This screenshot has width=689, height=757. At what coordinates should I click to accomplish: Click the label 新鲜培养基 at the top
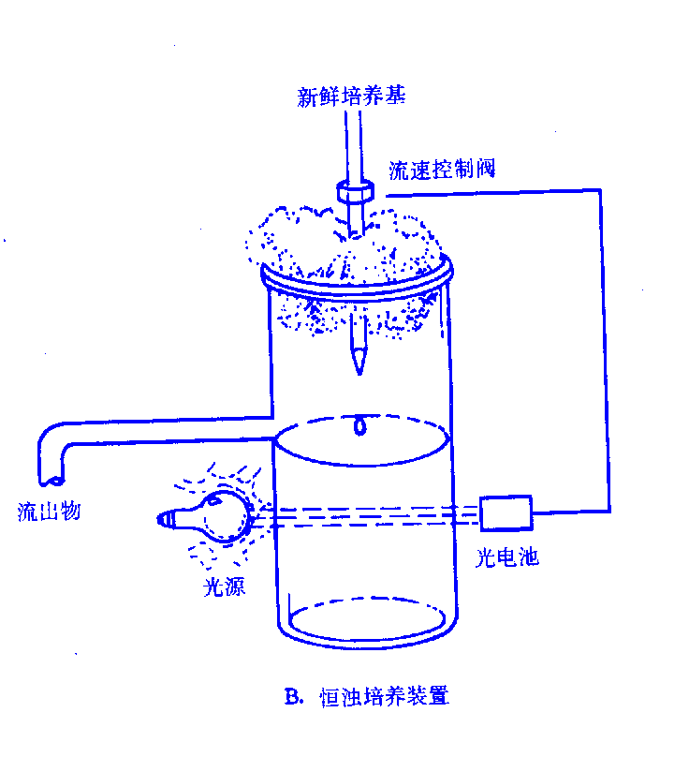tap(351, 96)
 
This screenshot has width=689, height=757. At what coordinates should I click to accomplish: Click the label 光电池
tap(506, 558)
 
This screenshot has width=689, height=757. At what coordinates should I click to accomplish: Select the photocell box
tap(506, 512)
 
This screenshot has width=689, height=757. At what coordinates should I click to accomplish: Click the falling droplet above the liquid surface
tap(359, 427)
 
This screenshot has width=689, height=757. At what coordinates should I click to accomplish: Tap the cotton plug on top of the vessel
tap(346, 244)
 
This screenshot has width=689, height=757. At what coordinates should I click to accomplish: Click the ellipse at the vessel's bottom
tap(366, 620)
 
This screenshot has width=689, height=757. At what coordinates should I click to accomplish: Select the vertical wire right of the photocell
tap(608, 356)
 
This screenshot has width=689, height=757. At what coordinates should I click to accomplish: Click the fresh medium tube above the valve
tap(352, 141)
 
